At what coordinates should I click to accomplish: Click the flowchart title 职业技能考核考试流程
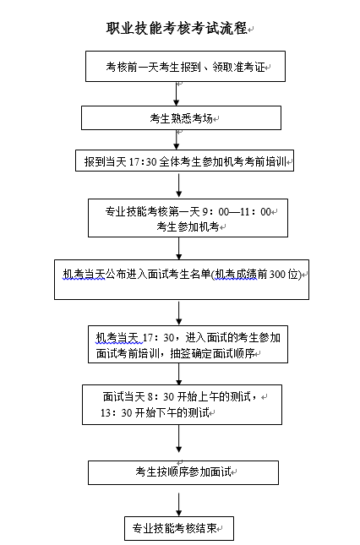coord(177,29)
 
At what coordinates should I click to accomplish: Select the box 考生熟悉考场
coord(181,117)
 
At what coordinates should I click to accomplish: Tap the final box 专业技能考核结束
coord(179,528)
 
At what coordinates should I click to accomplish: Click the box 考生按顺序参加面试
coord(183,472)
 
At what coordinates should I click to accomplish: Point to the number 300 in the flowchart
coord(277,275)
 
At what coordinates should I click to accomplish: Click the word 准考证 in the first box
coord(248,67)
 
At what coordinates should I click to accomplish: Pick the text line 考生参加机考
coord(188,226)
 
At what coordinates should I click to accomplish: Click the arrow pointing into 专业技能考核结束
coord(179,504)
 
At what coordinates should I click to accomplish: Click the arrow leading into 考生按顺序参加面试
coord(179,439)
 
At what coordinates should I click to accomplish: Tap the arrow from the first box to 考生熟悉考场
coord(177,94)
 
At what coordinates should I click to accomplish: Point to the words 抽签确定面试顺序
coord(212,353)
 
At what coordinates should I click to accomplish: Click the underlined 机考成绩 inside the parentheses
coord(236,275)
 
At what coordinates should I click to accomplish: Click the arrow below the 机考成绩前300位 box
coord(179,313)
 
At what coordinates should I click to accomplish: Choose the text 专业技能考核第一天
coord(153,212)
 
